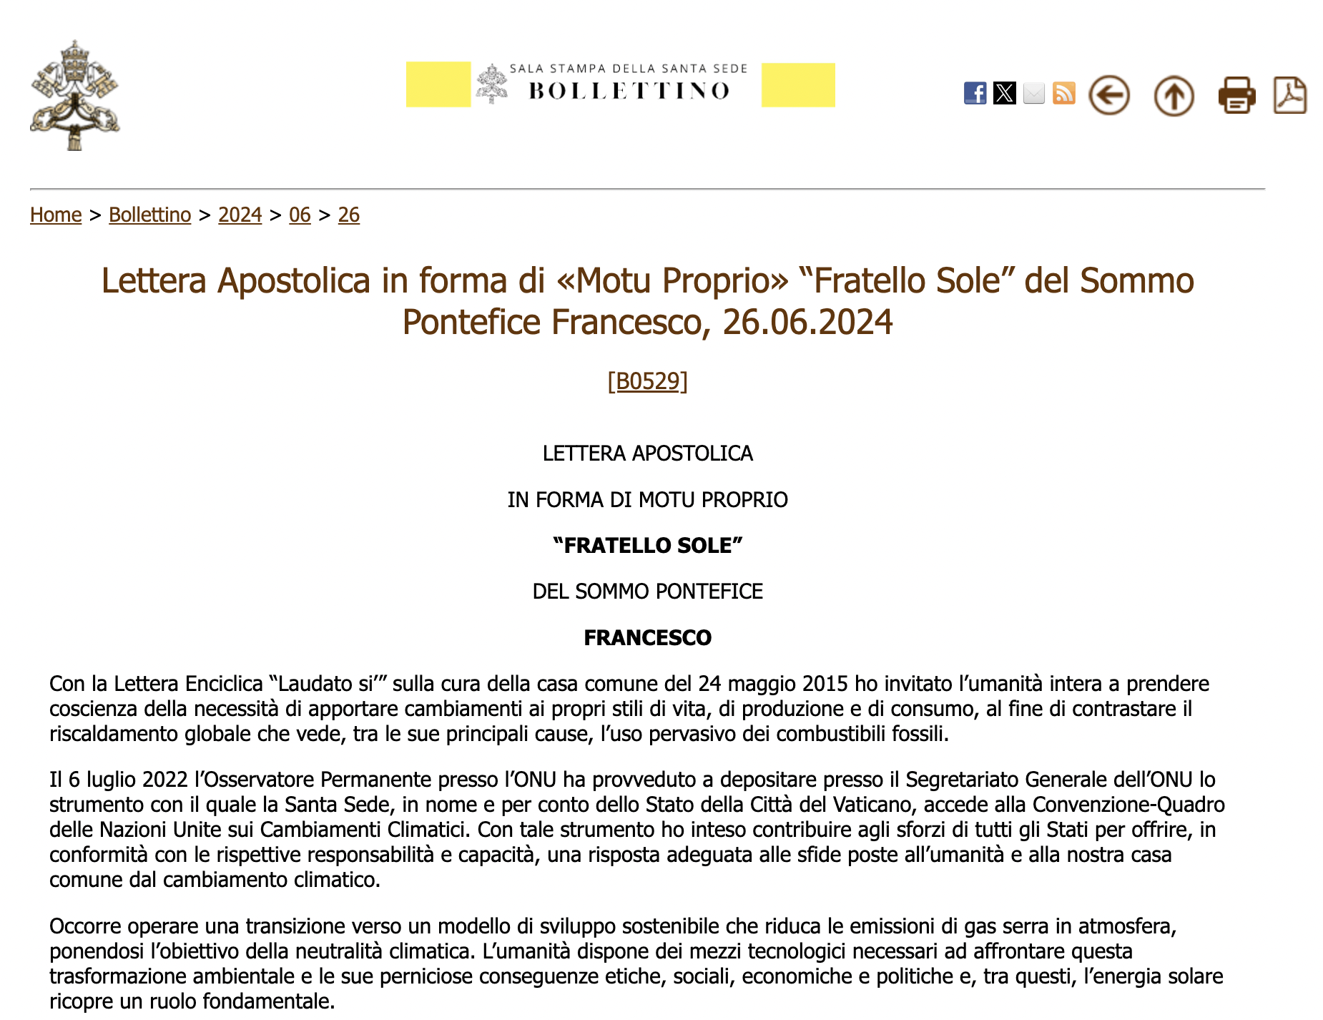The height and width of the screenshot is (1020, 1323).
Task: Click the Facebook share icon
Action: pos(975,94)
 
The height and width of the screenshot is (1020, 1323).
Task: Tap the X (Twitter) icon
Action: pos(1005,94)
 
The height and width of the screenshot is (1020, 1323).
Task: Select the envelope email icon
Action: pos(1034,94)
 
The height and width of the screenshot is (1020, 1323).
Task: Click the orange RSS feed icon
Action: pos(1064,94)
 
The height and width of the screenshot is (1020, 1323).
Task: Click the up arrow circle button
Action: pos(1174,96)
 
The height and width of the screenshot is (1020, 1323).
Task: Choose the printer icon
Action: pos(1236,95)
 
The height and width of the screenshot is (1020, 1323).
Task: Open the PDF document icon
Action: pos(1290,95)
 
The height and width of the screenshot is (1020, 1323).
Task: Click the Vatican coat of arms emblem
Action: pos(74,95)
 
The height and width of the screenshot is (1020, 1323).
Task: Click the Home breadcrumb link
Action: pos(56,215)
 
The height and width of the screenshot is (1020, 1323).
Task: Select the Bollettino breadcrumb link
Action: pos(149,215)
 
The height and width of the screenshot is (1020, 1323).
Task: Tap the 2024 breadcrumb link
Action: pos(240,215)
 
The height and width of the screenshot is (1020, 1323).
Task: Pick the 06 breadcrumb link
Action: pos(300,215)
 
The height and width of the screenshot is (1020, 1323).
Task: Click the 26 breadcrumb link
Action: pos(348,215)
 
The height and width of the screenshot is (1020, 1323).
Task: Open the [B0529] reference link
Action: pos(647,381)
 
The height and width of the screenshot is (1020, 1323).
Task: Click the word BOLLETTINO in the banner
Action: pos(629,91)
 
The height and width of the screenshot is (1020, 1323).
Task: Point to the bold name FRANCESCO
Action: pos(647,637)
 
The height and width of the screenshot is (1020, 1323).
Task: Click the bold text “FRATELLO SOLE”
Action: pos(647,546)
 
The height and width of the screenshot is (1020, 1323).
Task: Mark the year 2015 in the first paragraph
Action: pos(825,684)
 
